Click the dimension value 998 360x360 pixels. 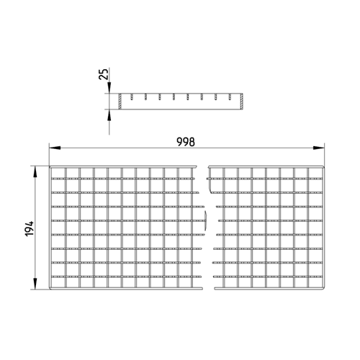(186, 142)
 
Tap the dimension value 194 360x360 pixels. (30, 229)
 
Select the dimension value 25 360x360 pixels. (104, 74)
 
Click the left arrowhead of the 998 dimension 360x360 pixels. (55, 148)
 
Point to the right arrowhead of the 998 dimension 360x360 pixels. (319, 148)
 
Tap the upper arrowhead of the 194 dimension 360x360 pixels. (35, 171)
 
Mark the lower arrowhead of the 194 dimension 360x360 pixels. (35, 284)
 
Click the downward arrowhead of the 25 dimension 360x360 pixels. (109, 88)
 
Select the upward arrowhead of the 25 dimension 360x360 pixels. (109, 115)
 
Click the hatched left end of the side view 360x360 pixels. (120, 102)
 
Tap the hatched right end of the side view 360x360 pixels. (241, 102)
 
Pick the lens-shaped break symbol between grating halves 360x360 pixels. (205, 221)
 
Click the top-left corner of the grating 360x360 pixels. (50, 166)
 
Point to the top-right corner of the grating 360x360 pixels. (324, 166)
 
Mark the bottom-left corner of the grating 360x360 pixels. (50, 289)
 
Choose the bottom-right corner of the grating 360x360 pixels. (324, 289)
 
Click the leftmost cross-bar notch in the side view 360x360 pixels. (132, 97)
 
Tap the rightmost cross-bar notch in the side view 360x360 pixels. (230, 97)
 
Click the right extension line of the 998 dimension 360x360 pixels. (324, 155)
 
